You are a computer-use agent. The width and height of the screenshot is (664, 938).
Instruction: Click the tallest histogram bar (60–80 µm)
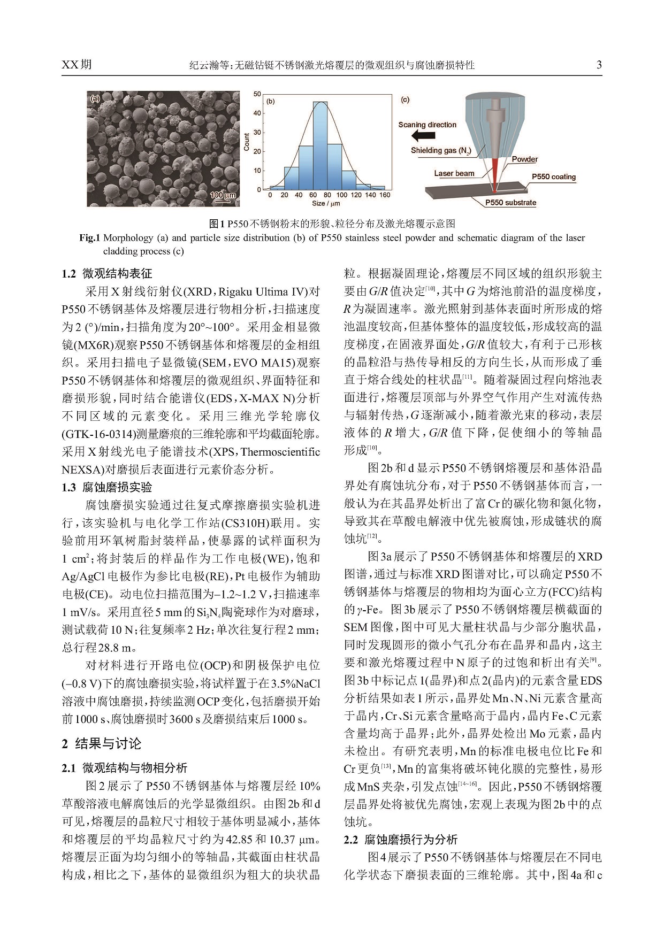click(320, 145)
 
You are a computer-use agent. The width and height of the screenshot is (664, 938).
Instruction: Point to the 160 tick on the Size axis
click(385, 195)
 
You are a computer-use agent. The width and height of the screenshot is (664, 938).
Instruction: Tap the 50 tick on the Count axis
click(257, 94)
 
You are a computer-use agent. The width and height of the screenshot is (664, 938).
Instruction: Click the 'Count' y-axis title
click(247, 142)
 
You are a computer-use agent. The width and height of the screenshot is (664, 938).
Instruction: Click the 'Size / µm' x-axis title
click(326, 203)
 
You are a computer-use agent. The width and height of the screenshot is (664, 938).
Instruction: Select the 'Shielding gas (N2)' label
click(440, 151)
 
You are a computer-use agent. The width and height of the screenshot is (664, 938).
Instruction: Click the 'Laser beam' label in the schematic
click(454, 173)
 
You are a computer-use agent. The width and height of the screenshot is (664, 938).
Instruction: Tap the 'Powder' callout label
click(524, 159)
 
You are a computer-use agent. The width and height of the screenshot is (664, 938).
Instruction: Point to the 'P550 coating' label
click(553, 176)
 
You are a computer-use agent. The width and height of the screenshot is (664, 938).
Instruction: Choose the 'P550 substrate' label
click(510, 203)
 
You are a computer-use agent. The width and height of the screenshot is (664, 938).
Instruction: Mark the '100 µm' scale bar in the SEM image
click(223, 196)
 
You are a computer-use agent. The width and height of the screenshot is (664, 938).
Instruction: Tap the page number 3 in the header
click(599, 65)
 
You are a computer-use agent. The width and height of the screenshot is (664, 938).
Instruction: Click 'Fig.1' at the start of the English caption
click(90, 238)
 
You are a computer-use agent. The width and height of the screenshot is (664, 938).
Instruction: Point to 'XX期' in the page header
click(77, 65)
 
